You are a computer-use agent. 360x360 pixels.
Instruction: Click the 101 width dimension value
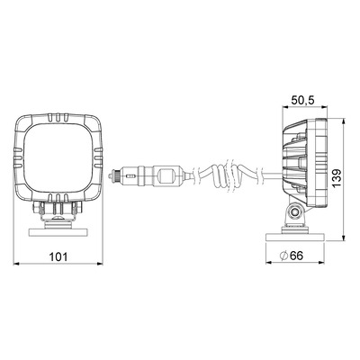58,256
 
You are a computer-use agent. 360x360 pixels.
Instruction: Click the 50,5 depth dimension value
303,100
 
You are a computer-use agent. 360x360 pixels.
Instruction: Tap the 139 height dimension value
337,178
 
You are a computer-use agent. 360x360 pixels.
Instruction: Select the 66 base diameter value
297,256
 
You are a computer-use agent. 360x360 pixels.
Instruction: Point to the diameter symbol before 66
283,256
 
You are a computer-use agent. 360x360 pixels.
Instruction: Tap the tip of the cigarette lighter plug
112,175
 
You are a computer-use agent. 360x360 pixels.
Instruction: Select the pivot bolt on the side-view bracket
295,211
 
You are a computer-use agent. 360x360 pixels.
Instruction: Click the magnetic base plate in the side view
296,237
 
